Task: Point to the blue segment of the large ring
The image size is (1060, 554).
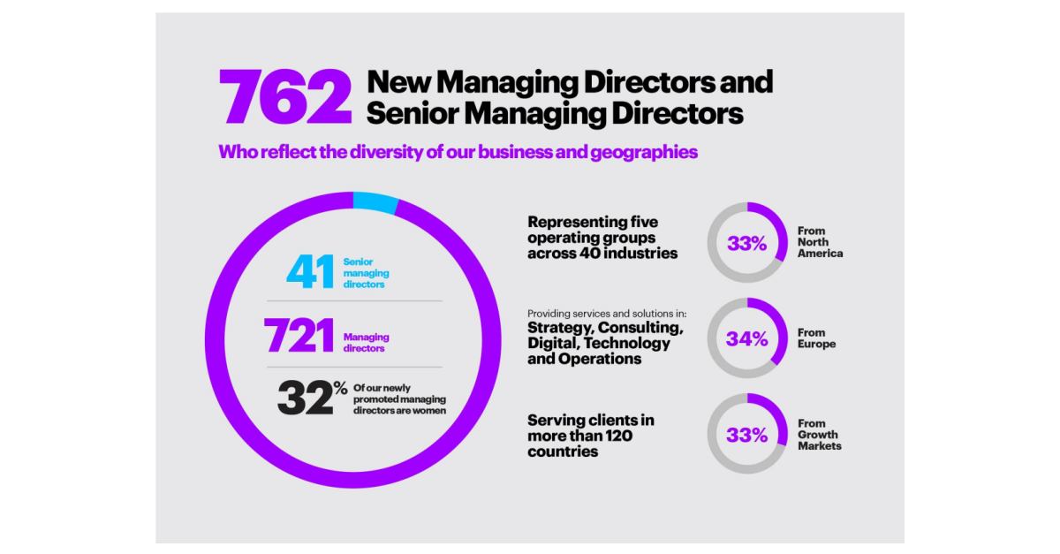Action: click(375, 201)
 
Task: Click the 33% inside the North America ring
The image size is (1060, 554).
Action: click(746, 243)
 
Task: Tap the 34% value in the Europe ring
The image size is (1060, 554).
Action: click(746, 338)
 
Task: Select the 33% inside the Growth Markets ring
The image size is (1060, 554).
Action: click(746, 434)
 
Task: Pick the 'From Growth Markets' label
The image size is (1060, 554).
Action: click(819, 434)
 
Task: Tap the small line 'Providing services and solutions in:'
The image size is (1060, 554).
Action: click(607, 314)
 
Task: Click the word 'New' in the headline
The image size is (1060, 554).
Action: click(398, 83)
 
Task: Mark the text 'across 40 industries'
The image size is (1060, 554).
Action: click(602, 254)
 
